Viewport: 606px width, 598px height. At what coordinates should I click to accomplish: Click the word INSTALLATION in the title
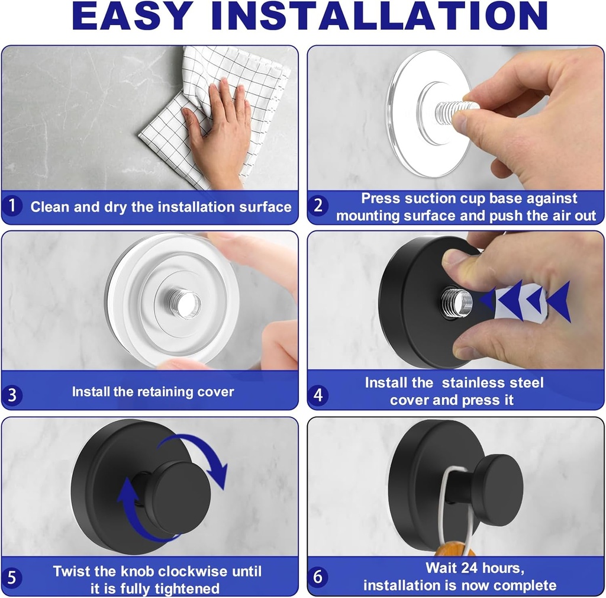(379, 17)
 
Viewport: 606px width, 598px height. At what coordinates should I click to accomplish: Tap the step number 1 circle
(12, 207)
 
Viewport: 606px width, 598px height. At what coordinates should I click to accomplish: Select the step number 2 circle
(318, 206)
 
